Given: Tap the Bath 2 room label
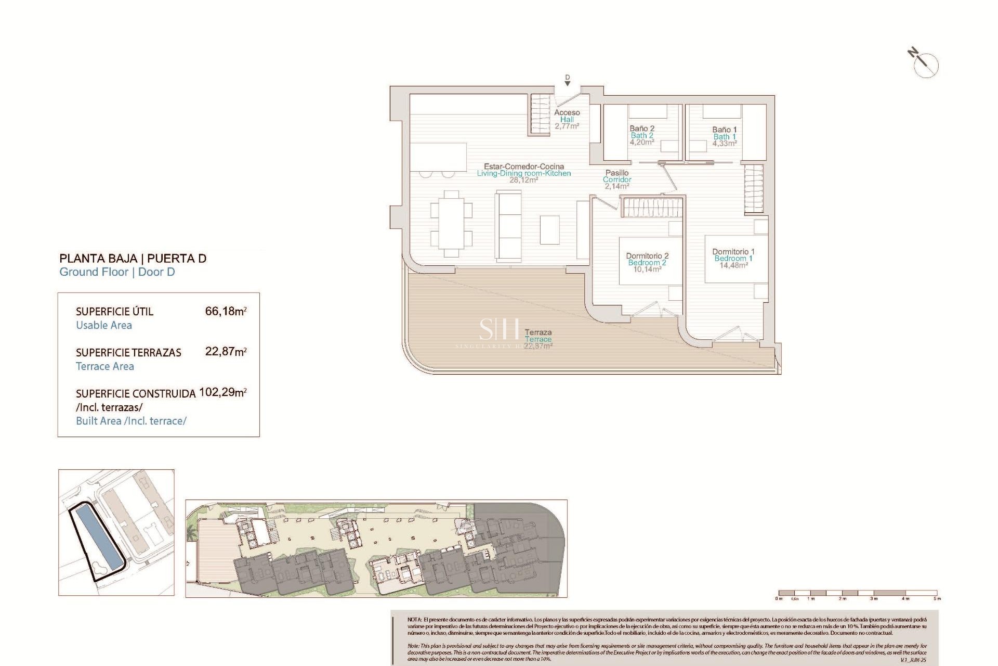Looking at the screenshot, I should [x=641, y=136].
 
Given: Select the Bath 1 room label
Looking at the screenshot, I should [x=724, y=137].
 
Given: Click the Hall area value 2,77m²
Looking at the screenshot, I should [x=567, y=126].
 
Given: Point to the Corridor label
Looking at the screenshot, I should [x=617, y=180].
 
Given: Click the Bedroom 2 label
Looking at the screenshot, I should [x=647, y=263].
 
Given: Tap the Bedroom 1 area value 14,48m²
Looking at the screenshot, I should [x=733, y=265].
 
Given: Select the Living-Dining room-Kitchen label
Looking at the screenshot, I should [x=524, y=173].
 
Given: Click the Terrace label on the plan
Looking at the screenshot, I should [x=538, y=339].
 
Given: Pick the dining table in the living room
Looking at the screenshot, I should [x=451, y=224].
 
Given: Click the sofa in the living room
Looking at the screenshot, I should [x=508, y=225].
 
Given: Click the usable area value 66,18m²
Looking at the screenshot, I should [x=226, y=311].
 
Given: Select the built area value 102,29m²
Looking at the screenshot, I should [x=222, y=392].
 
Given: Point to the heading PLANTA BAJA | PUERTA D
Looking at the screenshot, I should [x=133, y=258].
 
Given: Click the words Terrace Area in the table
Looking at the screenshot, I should [x=105, y=366].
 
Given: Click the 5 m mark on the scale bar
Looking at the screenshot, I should [x=937, y=598].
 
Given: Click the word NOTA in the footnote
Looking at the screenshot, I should [x=414, y=620].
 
